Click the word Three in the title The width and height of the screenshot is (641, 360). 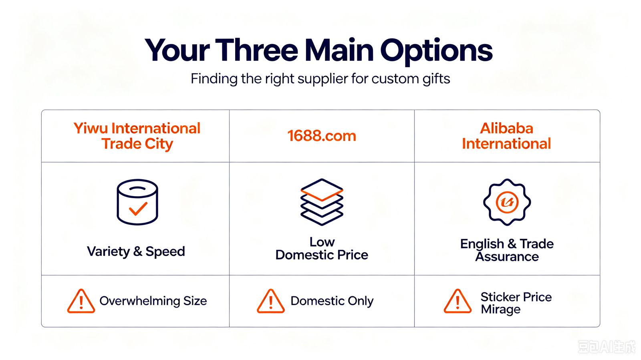click(x=256, y=50)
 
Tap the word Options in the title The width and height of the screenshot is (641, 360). click(x=436, y=52)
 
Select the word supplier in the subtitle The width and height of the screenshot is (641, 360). click(x=323, y=79)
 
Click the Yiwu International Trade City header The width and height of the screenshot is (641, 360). click(x=137, y=136)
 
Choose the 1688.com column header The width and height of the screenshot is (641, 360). click(x=322, y=136)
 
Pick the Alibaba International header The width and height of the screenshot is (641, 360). click(x=506, y=136)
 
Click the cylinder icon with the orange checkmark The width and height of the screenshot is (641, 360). click(x=137, y=202)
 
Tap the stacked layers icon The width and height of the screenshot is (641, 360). click(x=322, y=202)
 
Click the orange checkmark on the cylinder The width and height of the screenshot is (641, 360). click(x=138, y=209)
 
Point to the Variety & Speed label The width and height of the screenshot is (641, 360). click(x=136, y=251)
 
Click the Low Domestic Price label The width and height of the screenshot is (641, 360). click(x=322, y=249)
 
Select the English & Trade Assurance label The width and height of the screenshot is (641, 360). click(x=507, y=250)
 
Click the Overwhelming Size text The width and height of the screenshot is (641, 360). click(x=153, y=301)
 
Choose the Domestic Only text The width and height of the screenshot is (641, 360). click(x=332, y=301)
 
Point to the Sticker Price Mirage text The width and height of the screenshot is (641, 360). click(x=516, y=304)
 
